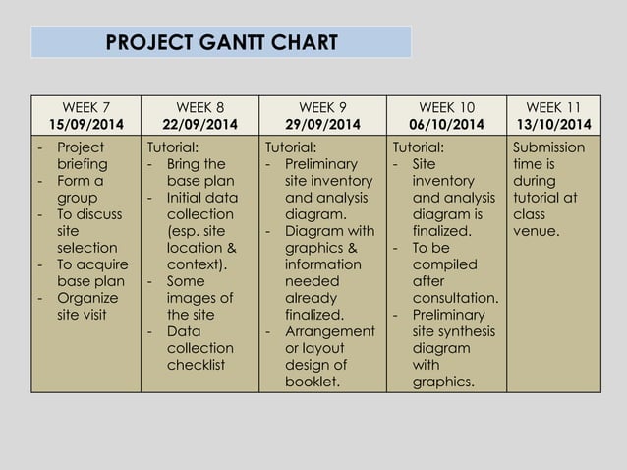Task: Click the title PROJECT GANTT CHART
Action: click(220, 43)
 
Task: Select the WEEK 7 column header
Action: click(86, 106)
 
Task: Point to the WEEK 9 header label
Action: click(323, 106)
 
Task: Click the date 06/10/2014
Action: click(446, 124)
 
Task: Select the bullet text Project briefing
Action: click(81, 156)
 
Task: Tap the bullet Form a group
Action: click(77, 190)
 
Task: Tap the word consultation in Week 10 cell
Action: click(455, 298)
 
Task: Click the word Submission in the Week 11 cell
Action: click(548, 147)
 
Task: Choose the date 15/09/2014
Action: click(86, 124)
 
